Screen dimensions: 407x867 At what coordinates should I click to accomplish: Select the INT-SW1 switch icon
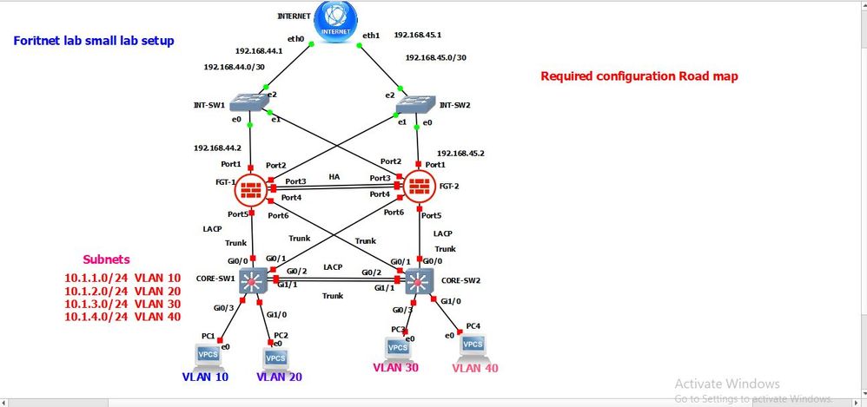point(251,104)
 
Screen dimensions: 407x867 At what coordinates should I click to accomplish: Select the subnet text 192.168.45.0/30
point(437,58)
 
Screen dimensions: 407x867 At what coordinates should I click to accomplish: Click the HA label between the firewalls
point(334,175)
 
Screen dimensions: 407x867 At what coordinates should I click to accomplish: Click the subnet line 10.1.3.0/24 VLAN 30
point(122,304)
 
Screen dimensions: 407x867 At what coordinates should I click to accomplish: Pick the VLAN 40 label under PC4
point(475,368)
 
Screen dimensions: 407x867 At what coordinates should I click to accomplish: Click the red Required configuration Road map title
point(639,76)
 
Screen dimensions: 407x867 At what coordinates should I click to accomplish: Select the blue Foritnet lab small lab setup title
point(94,40)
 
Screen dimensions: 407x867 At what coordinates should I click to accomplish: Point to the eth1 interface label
point(372,36)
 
